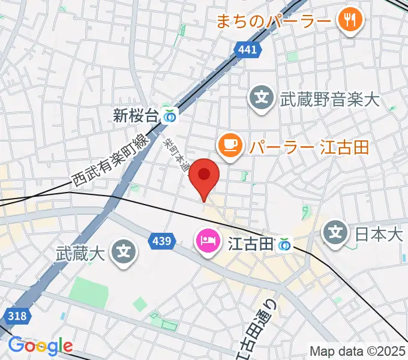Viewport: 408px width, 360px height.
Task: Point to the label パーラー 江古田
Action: (x=308, y=147)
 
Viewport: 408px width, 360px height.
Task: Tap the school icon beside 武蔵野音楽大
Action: (x=262, y=98)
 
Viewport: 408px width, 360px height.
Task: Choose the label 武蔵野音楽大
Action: (x=330, y=98)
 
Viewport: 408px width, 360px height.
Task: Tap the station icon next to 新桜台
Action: (x=171, y=116)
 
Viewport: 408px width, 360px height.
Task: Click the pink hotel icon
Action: (x=208, y=243)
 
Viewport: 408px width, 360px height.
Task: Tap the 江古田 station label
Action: (x=250, y=244)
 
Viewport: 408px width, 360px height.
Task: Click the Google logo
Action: (x=40, y=346)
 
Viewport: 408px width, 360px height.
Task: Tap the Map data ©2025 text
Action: (x=356, y=350)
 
